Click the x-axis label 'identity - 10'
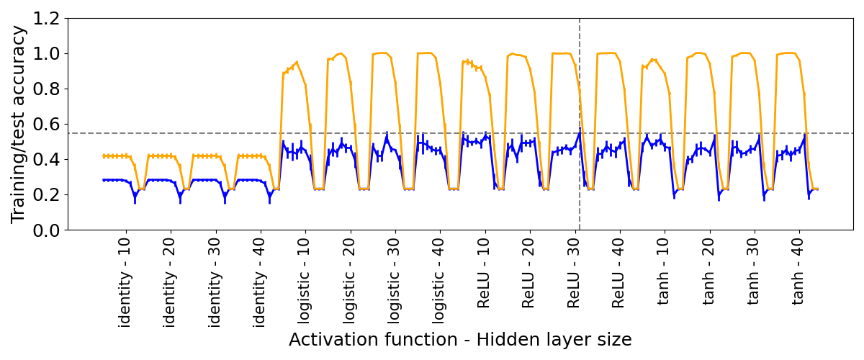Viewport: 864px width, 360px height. coord(125,282)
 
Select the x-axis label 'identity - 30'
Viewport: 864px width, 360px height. coord(215,282)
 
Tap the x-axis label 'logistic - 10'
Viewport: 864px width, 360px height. coord(305,282)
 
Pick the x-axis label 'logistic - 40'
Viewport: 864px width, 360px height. coord(439,282)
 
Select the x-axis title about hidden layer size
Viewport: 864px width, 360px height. coord(460,340)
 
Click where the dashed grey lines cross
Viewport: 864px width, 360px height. coord(580,133)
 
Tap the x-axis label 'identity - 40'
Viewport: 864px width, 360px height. coord(260,282)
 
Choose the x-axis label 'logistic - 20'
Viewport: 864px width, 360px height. coord(350,282)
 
